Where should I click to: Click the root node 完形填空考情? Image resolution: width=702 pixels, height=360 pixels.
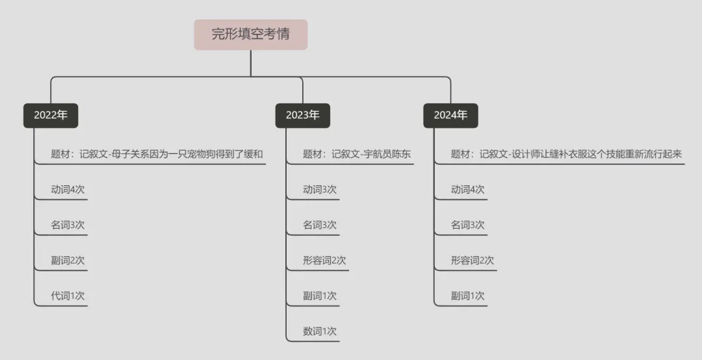click(x=250, y=34)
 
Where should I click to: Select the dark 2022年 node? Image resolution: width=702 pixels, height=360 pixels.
click(x=51, y=115)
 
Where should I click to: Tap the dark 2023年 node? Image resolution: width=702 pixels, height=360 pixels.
click(x=302, y=115)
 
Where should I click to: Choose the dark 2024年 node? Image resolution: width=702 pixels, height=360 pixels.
click(x=450, y=115)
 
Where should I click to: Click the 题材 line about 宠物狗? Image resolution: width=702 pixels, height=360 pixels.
click(x=158, y=155)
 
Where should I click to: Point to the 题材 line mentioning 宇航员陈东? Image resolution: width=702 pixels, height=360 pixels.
click(x=357, y=155)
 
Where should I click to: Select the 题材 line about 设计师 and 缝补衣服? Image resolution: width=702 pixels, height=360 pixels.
click(x=566, y=155)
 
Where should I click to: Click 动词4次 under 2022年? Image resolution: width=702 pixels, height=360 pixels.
click(x=68, y=190)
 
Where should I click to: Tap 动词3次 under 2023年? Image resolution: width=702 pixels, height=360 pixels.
click(x=320, y=190)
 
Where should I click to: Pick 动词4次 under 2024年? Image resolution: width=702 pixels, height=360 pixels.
click(x=468, y=190)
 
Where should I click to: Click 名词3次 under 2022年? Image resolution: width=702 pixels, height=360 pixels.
click(x=68, y=225)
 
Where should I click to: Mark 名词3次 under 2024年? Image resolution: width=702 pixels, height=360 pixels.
click(x=468, y=225)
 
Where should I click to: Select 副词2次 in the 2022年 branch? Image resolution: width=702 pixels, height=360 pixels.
click(x=68, y=261)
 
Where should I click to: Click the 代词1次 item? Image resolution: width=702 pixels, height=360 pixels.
click(x=68, y=296)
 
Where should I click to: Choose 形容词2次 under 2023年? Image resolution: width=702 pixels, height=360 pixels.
click(x=324, y=261)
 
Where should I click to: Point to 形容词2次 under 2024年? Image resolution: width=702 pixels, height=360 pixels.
click(x=473, y=261)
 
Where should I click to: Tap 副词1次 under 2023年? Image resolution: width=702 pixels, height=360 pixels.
click(x=320, y=296)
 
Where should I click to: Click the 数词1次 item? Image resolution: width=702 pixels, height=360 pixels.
click(x=320, y=331)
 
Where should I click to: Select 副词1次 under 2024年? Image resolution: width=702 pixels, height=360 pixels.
click(x=468, y=296)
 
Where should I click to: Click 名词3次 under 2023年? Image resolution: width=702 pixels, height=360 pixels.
click(x=320, y=225)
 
